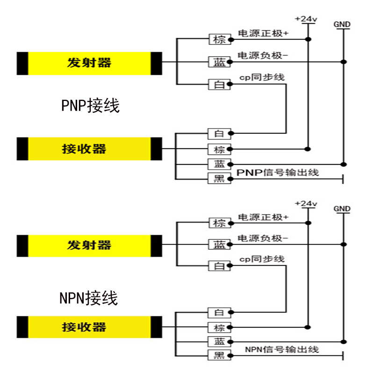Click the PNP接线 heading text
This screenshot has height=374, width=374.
(x=90, y=106)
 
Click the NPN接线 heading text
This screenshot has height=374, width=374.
(x=89, y=297)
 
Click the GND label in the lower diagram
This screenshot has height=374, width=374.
(x=342, y=209)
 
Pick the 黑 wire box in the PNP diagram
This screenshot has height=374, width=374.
(x=219, y=178)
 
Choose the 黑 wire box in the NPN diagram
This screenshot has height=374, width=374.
(x=219, y=355)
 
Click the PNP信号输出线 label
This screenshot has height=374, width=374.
(x=278, y=173)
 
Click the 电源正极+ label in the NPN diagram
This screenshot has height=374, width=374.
(x=264, y=217)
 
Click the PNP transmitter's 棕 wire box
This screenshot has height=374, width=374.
(x=219, y=39)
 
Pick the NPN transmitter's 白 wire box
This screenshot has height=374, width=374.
(x=219, y=266)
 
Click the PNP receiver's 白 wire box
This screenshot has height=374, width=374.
(x=219, y=134)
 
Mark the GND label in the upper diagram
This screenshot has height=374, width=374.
(x=342, y=24)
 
